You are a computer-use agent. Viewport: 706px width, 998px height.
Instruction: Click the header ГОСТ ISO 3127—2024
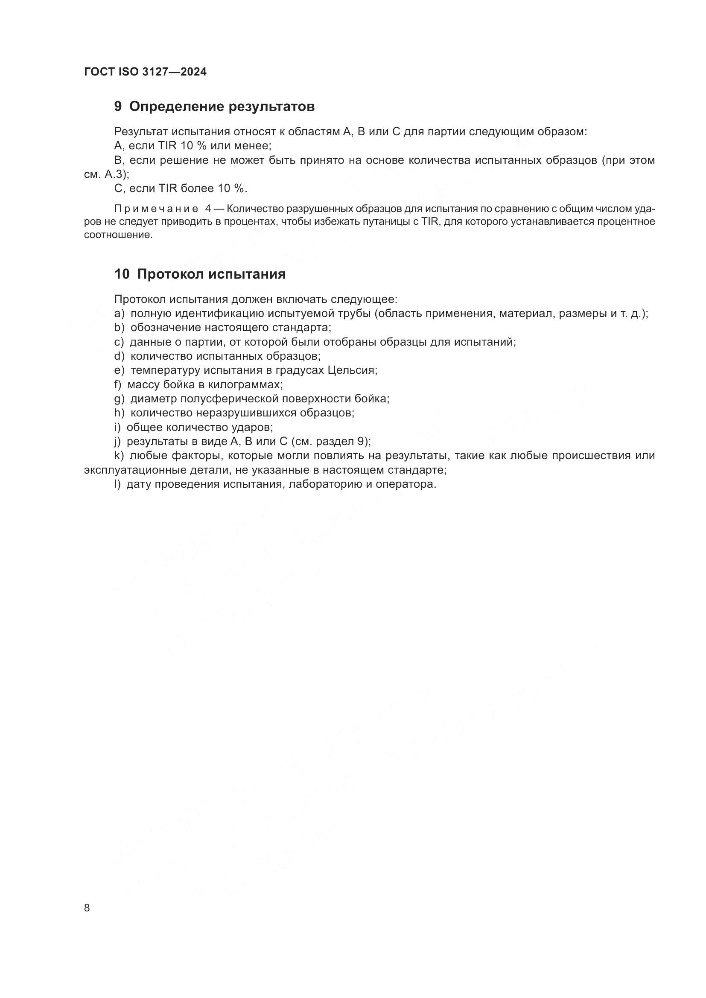click(x=145, y=72)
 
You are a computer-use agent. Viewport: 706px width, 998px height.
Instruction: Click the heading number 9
click(x=118, y=107)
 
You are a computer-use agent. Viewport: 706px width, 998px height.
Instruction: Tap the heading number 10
click(x=122, y=274)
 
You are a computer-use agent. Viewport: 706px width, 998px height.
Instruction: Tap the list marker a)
click(x=119, y=314)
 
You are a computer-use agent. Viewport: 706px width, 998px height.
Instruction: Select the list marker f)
click(x=118, y=385)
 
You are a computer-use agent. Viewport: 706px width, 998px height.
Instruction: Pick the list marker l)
click(x=117, y=484)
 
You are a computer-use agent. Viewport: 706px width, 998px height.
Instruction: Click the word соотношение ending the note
click(x=118, y=235)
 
